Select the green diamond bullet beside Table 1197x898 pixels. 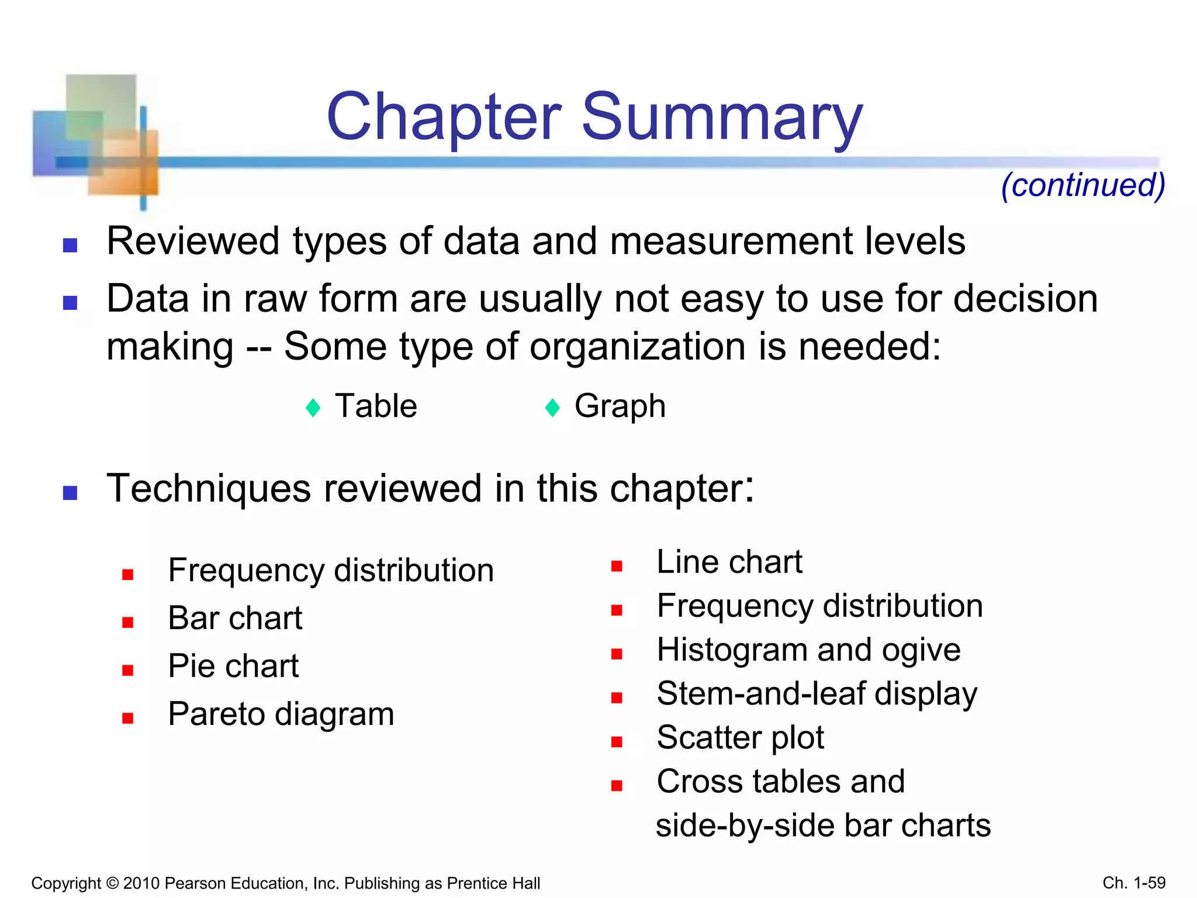coord(313,407)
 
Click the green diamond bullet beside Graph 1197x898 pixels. coord(552,407)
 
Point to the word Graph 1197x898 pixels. coord(620,406)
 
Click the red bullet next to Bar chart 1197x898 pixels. coord(128,623)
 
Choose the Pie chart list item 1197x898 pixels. coord(233,666)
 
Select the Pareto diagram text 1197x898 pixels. coord(281,714)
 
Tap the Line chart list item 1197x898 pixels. coord(729,562)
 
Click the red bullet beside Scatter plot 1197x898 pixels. coord(617,742)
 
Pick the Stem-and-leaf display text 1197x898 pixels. coord(817,694)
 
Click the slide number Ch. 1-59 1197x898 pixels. coord(1134,883)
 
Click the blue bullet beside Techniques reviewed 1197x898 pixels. coord(70,493)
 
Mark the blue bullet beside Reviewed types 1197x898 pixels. coord(70,245)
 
